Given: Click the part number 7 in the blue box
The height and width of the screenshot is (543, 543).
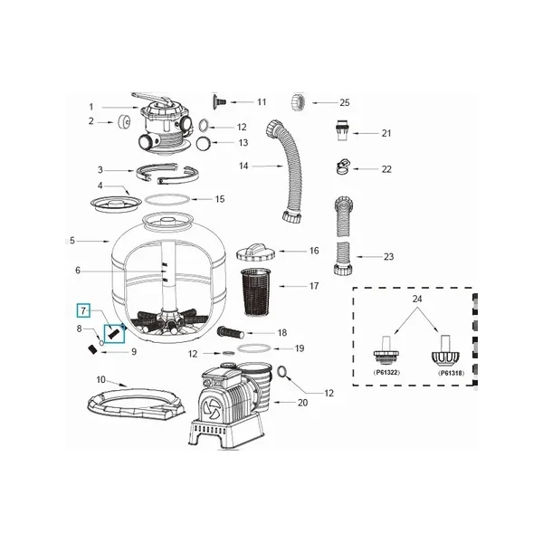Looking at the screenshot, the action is coord(83,310).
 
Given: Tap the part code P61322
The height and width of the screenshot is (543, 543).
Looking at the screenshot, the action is coord(386,373).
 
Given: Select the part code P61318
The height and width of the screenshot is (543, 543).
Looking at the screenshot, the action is coord(452,373).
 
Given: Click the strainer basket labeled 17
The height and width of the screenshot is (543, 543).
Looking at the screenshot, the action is coord(257,291).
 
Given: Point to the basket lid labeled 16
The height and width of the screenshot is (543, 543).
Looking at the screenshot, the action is coord(256,252).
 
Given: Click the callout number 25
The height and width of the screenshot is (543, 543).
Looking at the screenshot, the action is coord(345,102).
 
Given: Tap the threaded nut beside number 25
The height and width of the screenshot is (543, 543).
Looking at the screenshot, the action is coord(298,102).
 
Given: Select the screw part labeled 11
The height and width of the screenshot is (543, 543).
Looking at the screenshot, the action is coord(219,100).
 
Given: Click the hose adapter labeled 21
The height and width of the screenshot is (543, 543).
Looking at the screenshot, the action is coord(342,131).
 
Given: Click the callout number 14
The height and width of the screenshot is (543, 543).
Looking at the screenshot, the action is coord(243,166).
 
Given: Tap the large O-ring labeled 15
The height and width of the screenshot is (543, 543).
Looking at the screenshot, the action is coord(167,199).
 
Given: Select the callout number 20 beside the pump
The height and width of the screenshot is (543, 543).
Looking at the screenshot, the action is coord(302,403).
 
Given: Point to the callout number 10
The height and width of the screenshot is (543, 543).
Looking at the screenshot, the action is coord(100,379).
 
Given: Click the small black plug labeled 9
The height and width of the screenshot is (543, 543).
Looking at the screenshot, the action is coord(91,349).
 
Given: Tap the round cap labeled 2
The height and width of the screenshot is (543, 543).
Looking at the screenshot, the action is coord(124,121).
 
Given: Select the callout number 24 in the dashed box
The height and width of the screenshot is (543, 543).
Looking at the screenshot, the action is coord(417,299).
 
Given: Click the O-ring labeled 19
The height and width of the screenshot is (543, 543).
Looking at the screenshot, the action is coord(255,348).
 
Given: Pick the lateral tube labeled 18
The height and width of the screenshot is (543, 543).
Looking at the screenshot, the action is coord(230,332).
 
